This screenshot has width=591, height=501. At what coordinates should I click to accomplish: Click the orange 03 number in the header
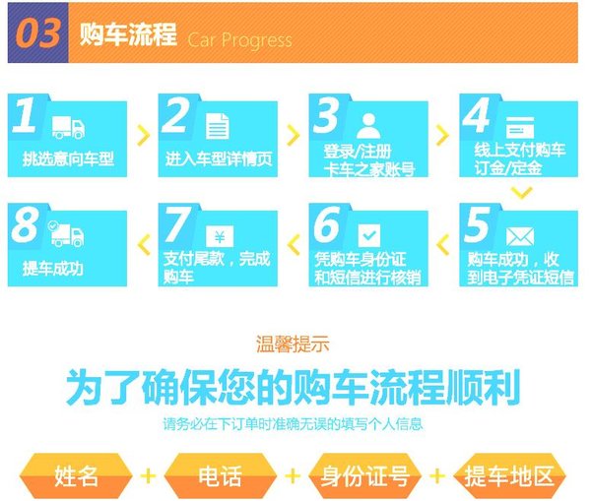[x=38, y=33]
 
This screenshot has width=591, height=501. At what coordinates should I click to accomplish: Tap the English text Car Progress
[x=239, y=40]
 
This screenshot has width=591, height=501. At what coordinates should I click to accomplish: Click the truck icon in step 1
[x=68, y=127]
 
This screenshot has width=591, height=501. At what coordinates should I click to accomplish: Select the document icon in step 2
[x=218, y=126]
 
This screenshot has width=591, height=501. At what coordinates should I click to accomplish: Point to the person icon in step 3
[x=368, y=126]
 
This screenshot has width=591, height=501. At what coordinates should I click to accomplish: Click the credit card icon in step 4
[x=520, y=127]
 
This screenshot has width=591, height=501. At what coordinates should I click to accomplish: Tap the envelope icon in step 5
[x=520, y=237]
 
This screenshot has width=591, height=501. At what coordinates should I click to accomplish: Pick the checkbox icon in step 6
[x=369, y=236]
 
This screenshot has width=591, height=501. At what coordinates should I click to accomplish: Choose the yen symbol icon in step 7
[x=220, y=236]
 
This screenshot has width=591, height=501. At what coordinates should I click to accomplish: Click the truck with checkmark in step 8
[x=66, y=233]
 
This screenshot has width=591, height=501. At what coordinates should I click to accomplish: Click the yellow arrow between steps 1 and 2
[x=143, y=135]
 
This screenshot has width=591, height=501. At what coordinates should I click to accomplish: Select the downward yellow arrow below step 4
[x=522, y=193]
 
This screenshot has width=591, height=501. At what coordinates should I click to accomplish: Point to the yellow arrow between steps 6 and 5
[x=443, y=245]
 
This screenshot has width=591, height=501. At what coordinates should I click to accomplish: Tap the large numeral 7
[x=177, y=224]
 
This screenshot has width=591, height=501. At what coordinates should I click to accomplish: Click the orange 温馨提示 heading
[x=293, y=344]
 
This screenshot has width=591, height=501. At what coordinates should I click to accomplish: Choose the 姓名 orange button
[x=76, y=475]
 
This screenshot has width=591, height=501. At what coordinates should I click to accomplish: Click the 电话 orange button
[x=220, y=475]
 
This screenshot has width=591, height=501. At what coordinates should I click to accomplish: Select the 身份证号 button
[x=364, y=475]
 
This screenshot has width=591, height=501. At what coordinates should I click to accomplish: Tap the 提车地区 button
[x=509, y=475]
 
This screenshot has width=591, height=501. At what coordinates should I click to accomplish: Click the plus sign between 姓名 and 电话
[x=148, y=475]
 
